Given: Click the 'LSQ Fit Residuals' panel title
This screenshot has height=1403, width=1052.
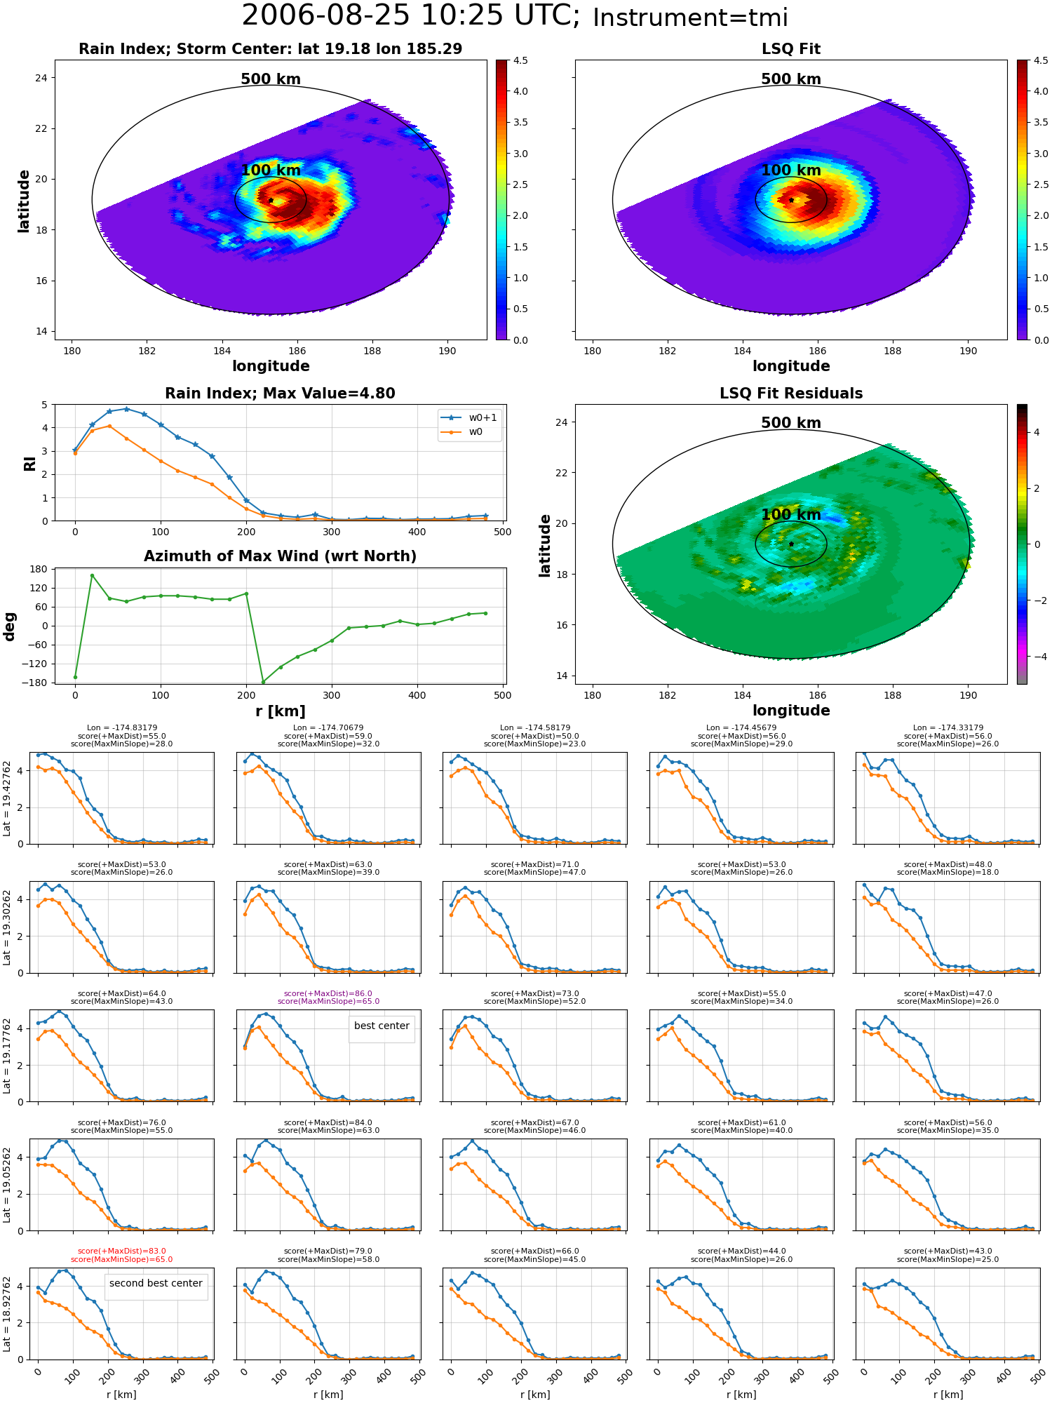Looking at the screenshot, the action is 791,394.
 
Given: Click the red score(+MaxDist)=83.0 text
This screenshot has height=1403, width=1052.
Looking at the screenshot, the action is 122,1251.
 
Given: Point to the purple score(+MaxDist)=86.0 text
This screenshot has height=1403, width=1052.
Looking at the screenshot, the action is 328,993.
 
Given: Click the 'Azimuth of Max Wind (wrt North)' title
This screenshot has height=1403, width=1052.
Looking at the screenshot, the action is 281,556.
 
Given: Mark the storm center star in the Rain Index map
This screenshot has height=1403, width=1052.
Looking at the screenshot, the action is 271,200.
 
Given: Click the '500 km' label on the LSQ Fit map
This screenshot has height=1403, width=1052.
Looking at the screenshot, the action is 791,79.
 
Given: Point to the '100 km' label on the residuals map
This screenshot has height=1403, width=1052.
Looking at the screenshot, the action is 791,515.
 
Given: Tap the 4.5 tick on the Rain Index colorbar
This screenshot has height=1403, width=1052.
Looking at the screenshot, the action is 520,60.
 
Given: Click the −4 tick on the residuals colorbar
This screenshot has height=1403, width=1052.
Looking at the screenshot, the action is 1036,657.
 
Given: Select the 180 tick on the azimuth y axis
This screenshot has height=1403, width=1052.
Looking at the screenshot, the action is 40,569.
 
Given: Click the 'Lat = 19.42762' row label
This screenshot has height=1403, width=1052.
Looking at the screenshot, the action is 7,798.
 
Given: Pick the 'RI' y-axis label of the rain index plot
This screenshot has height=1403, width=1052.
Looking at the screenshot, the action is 29,463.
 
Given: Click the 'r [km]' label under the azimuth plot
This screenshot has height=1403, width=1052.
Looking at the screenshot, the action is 281,711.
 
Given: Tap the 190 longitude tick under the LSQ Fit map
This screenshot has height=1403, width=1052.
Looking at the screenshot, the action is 968,351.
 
